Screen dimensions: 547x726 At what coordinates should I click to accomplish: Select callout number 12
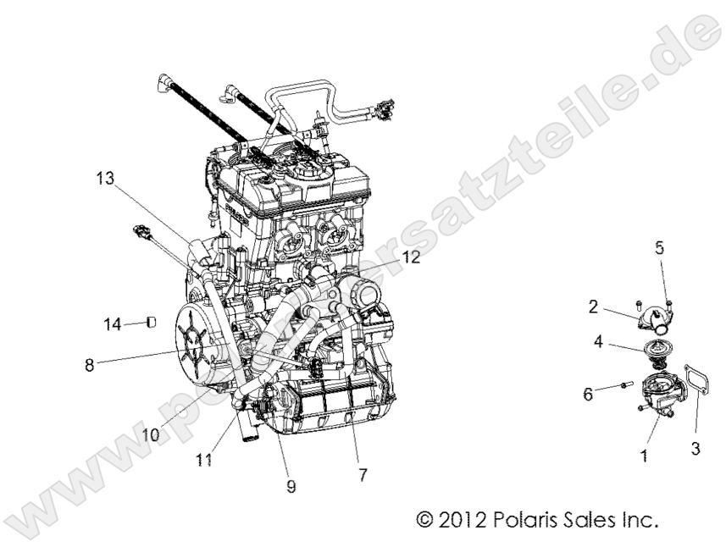tap(412, 258)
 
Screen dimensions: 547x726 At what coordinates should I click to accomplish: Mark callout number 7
tap(362, 475)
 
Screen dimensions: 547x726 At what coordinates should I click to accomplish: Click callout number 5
tap(659, 248)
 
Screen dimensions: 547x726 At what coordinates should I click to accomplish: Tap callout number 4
tap(597, 343)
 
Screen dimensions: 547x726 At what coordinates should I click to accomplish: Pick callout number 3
tap(696, 450)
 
